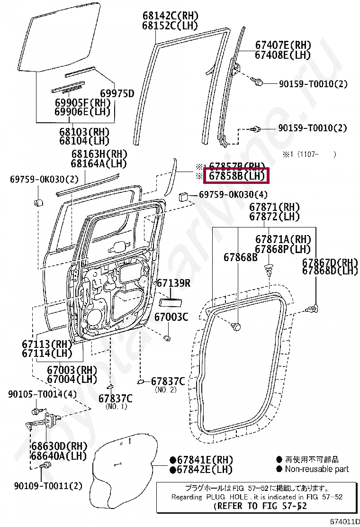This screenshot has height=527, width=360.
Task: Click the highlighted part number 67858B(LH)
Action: point(235,176)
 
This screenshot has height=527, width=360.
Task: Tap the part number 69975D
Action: point(117,93)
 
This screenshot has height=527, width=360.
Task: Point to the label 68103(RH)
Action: point(84,131)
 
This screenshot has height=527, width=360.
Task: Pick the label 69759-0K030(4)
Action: point(233,195)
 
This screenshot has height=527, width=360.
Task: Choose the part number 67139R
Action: point(173,283)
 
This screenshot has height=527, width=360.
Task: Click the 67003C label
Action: point(172,317)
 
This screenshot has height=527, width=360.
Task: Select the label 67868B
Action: point(241,257)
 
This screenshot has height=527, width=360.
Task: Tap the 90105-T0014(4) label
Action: point(42,394)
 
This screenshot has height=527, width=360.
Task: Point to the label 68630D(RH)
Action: point(60,446)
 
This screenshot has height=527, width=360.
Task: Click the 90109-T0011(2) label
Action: point(48,486)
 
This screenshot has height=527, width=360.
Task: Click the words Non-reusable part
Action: point(316,469)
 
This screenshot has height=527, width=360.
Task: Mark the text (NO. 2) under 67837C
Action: point(166,390)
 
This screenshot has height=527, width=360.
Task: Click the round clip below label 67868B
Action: point(237,327)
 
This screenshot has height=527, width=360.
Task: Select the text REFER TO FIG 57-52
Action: point(260,506)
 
